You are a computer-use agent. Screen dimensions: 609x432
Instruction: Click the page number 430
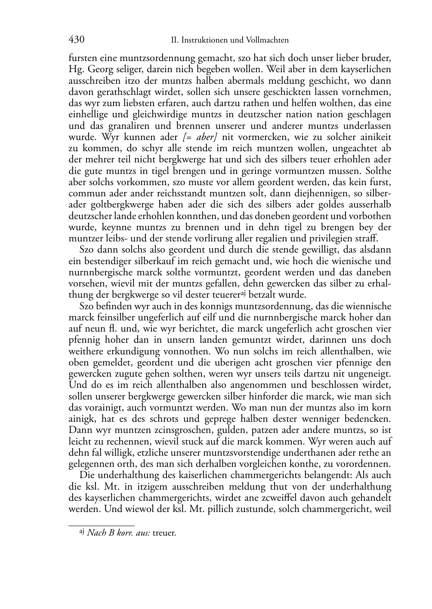point(76,40)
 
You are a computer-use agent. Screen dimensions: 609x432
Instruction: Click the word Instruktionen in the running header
point(204,40)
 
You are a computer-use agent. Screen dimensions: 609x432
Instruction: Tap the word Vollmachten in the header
point(267,40)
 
